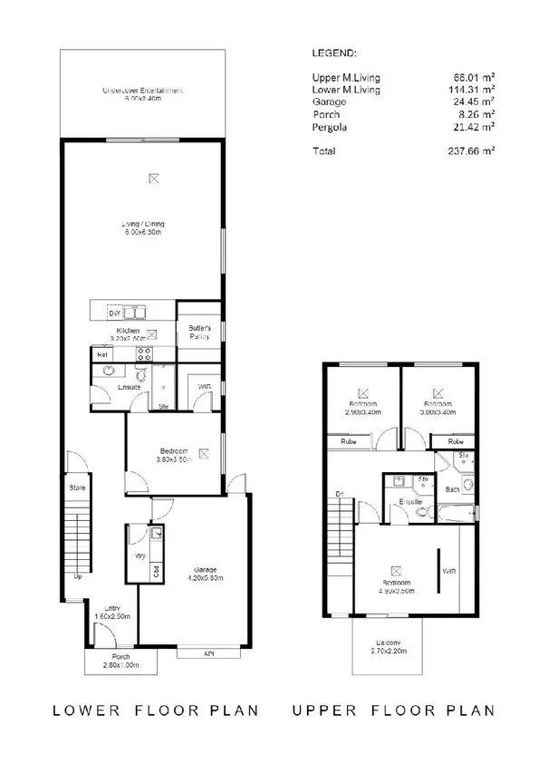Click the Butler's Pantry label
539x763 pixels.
point(199,331)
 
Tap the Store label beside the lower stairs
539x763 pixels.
point(76,488)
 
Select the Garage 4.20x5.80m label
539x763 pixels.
point(205,574)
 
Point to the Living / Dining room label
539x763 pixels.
point(143,228)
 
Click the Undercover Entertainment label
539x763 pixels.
point(143,94)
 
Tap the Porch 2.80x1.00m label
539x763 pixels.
point(120,661)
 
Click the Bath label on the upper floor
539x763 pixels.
point(452,490)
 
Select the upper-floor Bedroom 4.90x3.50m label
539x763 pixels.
point(399,585)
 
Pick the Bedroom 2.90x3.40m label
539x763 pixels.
point(363,407)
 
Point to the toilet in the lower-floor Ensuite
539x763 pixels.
point(141,374)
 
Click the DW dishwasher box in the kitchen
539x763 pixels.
point(114,313)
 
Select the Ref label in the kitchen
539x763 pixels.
point(102,354)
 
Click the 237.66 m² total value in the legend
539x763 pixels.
point(476,151)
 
